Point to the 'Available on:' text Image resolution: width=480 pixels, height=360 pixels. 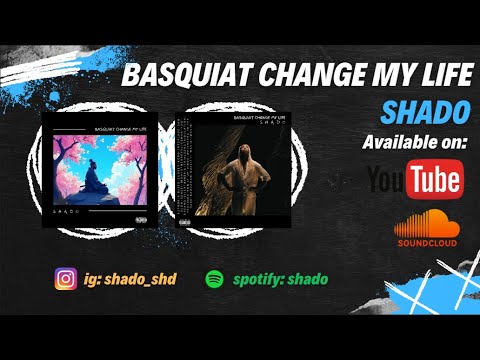413,141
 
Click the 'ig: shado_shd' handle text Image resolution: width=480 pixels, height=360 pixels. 133,279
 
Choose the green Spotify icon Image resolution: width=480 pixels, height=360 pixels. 214,279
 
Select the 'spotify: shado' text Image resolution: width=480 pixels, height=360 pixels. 281,279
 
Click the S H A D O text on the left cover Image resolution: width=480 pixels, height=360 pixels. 67,212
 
